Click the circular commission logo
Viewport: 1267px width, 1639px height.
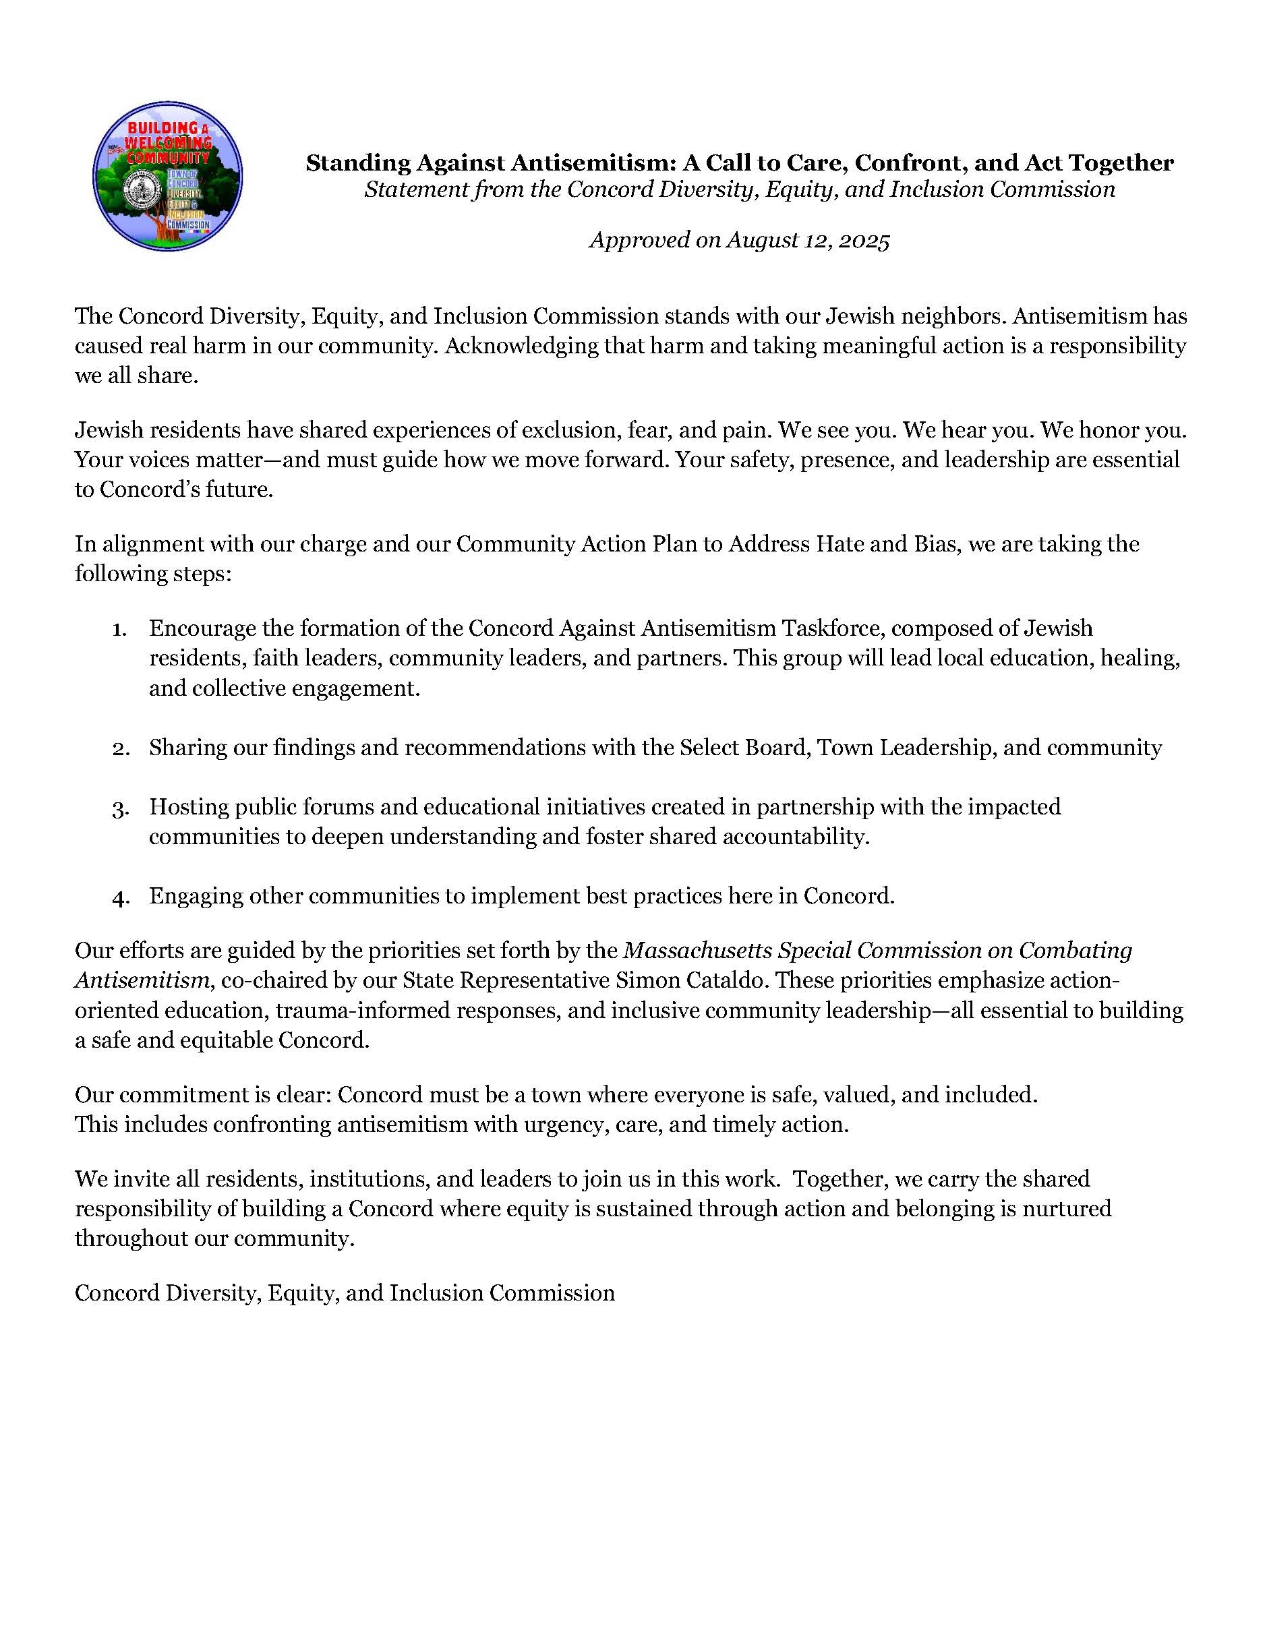pyautogui.click(x=167, y=177)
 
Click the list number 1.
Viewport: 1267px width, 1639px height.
pyautogui.click(x=119, y=629)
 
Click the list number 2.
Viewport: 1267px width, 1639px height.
pyautogui.click(x=120, y=748)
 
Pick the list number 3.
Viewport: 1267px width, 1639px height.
pyautogui.click(x=120, y=808)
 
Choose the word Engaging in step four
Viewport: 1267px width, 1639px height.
pyautogui.click(x=195, y=897)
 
